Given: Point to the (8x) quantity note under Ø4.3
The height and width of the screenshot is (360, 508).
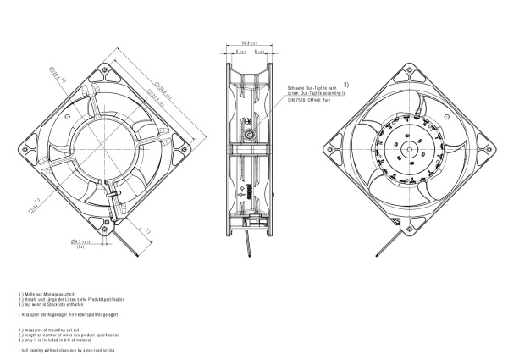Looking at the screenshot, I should [x=80, y=248].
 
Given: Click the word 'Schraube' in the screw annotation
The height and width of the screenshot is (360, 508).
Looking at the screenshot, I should [x=295, y=87].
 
